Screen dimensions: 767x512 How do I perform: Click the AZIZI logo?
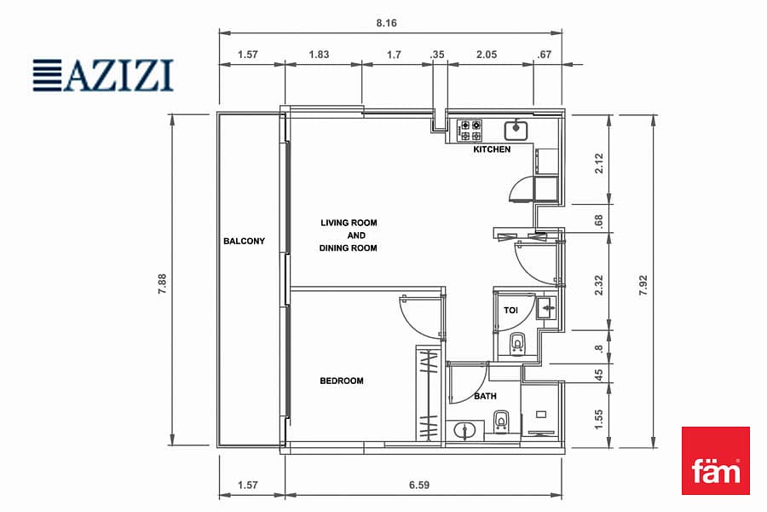103,75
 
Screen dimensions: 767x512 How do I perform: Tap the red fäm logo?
716,461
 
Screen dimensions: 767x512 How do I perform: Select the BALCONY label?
244,241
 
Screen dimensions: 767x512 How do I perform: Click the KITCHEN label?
492,149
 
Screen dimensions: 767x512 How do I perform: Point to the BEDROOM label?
342,381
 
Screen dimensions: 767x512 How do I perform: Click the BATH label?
485,396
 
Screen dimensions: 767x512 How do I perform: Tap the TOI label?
510,310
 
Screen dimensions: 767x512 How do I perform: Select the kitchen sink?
516,130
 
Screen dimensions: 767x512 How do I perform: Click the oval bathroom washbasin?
464,431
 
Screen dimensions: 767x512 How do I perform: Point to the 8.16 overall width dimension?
386,23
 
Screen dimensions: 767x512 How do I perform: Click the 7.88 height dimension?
163,283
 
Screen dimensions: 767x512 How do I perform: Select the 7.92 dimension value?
643,285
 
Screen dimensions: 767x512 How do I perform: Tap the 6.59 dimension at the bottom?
419,485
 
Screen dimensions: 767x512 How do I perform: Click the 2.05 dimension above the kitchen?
487,55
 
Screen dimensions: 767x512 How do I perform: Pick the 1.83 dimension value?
319,55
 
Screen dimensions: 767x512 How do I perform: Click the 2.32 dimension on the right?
599,285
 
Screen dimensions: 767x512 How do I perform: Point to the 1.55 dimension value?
599,420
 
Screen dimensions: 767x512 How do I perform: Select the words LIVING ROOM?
349,223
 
